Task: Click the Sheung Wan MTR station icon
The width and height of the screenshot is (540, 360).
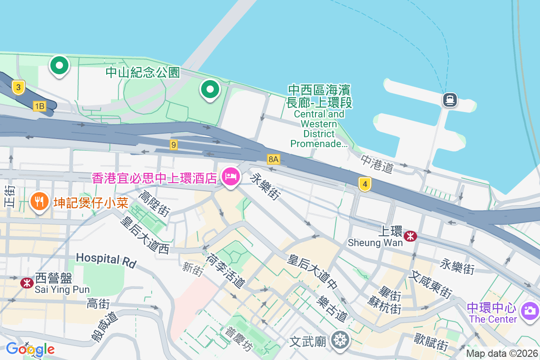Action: pyautogui.click(x=410, y=236)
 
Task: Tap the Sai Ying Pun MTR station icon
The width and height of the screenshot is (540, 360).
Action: pyautogui.click(x=27, y=283)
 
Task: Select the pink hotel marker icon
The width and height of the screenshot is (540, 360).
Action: pyautogui.click(x=230, y=176)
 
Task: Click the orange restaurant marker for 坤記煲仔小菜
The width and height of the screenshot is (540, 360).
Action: pyautogui.click(x=40, y=200)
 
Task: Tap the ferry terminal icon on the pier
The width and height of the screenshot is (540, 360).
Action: pyautogui.click(x=450, y=99)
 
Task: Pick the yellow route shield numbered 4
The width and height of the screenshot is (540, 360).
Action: pyautogui.click(x=365, y=184)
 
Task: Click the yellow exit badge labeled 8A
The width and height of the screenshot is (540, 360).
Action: pyautogui.click(x=273, y=159)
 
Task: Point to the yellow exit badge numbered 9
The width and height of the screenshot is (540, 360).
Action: pyautogui.click(x=174, y=145)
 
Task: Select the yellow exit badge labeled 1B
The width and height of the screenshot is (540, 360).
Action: pyautogui.click(x=40, y=106)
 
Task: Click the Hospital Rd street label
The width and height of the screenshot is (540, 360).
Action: pyautogui.click(x=106, y=259)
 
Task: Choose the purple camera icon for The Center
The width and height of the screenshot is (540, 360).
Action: pyautogui.click(x=529, y=310)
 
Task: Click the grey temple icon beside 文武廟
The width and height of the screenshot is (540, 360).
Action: pyautogui.click(x=339, y=339)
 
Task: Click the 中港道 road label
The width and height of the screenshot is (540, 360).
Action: pyautogui.click(x=377, y=164)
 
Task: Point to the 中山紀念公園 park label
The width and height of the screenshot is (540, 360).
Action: pyautogui.click(x=143, y=72)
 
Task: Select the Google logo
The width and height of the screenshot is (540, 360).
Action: pyautogui.click(x=30, y=349)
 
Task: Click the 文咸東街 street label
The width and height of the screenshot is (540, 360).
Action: pyautogui.click(x=430, y=284)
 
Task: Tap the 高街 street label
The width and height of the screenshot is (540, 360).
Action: pyautogui.click(x=98, y=303)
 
